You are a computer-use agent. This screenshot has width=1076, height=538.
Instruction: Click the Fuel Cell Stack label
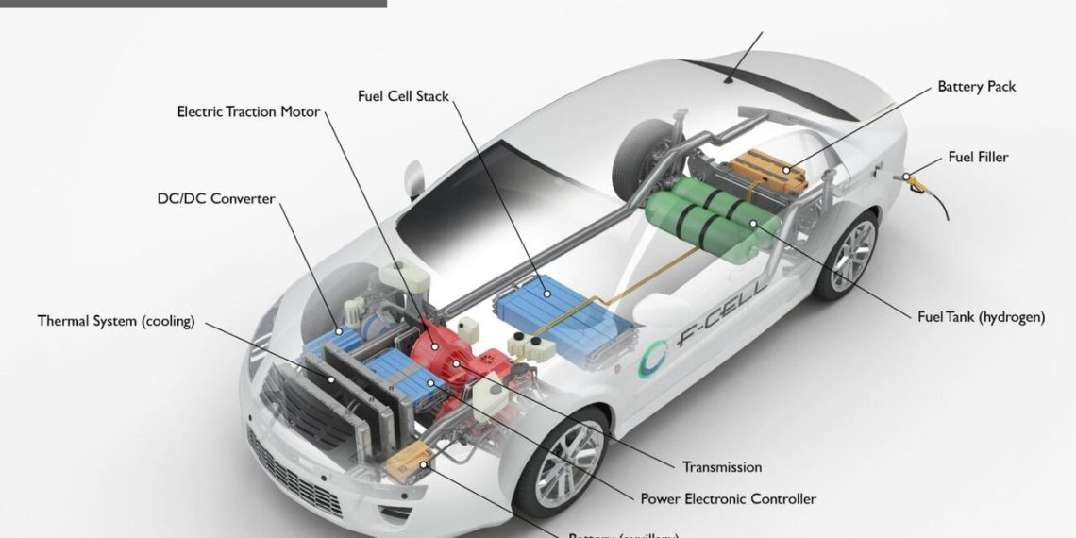click(x=403, y=96)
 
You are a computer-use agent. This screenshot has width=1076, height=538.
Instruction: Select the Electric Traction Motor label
click(x=248, y=112)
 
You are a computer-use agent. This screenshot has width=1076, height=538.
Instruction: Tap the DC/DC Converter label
click(x=216, y=198)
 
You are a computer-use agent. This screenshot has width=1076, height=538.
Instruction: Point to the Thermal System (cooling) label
click(x=116, y=321)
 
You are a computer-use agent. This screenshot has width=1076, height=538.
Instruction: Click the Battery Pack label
click(x=976, y=87)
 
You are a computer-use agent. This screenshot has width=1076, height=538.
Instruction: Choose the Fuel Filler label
click(x=978, y=158)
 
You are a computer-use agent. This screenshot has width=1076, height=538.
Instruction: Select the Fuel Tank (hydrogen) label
click(x=981, y=317)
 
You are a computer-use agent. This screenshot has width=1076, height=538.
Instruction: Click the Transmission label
click(x=721, y=466)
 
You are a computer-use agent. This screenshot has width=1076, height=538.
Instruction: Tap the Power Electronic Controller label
click(x=728, y=498)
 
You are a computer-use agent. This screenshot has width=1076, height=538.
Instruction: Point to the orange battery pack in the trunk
click(x=766, y=169)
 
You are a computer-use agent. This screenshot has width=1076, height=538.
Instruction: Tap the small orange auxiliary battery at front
click(x=408, y=462)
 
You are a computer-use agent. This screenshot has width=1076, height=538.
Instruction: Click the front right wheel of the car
click(x=570, y=463)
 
